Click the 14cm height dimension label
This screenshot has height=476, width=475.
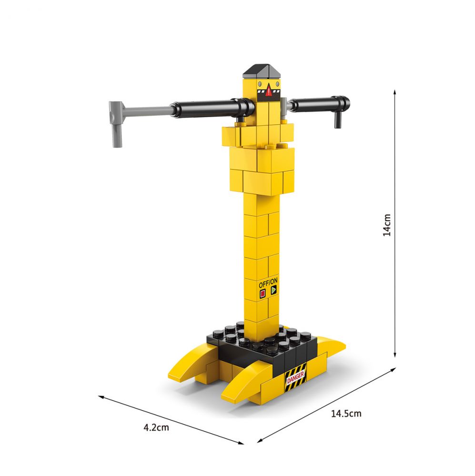pyautogui.click(x=387, y=225)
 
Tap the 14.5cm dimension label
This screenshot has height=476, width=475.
pyautogui.click(x=346, y=413)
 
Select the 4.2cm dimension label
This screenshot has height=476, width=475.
pyautogui.click(x=156, y=427)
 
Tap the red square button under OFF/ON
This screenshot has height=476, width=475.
pyautogui.click(x=263, y=294)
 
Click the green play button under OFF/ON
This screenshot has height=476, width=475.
pyautogui.click(x=274, y=290)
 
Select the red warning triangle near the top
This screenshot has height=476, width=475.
pyautogui.click(x=269, y=90)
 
